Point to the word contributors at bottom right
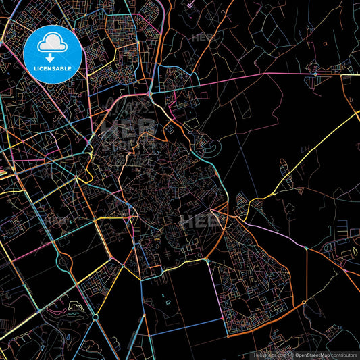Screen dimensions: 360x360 pos(344,355)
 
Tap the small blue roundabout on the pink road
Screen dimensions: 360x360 pos(315,72)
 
